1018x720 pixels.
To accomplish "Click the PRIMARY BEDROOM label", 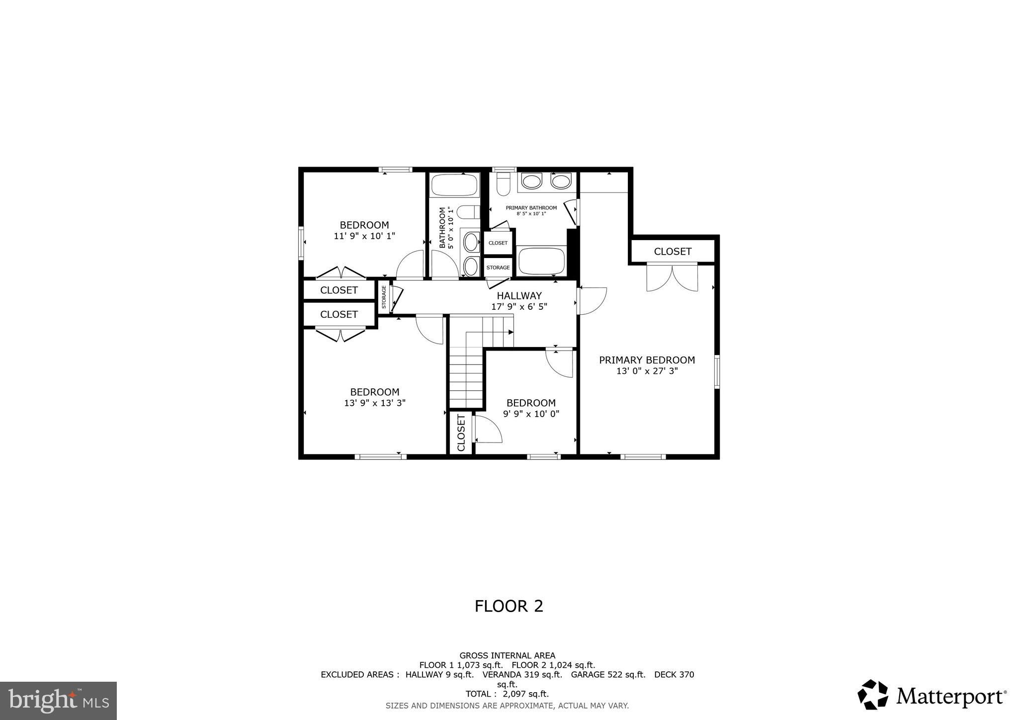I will (x=647, y=360).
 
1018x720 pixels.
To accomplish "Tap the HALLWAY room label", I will (x=519, y=296).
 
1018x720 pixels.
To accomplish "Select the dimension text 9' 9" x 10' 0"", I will (x=531, y=414).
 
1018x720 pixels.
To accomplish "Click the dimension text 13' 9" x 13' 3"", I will (x=375, y=403).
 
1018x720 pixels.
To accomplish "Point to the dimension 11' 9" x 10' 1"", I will (x=364, y=236).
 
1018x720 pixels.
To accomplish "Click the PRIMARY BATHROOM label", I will (x=531, y=208).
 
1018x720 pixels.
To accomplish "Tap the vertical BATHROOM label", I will (x=442, y=228).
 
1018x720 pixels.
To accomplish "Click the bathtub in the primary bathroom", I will (x=541, y=261).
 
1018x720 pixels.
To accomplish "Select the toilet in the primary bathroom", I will (x=504, y=183).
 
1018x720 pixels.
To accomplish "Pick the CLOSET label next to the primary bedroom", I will (x=673, y=252).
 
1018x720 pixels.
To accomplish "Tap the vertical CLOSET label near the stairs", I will (x=461, y=433).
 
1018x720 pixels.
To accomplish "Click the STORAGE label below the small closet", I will (x=498, y=268).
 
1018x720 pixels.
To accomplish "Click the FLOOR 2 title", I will (x=509, y=606).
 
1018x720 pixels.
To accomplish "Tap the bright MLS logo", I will (x=59, y=701).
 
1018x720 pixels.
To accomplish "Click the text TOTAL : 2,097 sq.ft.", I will (x=507, y=694).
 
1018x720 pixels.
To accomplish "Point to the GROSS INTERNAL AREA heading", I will (x=507, y=655).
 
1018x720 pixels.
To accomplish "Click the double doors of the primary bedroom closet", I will (x=672, y=278).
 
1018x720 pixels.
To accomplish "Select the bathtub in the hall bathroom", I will (x=454, y=185).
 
